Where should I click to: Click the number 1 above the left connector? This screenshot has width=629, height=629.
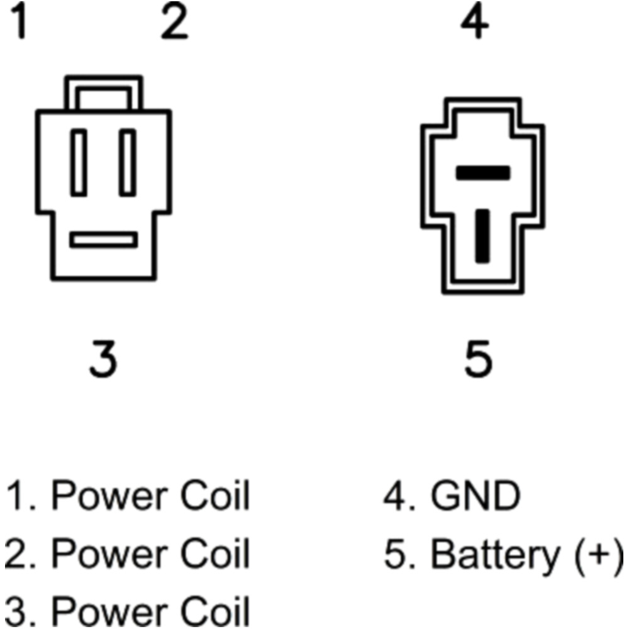click(21, 25)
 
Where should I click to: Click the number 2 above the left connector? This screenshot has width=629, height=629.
click(174, 25)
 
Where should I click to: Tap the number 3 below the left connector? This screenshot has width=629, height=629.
click(103, 359)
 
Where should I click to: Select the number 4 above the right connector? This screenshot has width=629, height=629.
click(475, 25)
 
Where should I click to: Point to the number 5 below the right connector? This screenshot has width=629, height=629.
click(478, 359)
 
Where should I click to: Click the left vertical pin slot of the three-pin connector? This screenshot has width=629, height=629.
click(79, 162)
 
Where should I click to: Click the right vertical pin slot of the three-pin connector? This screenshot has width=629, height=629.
click(128, 162)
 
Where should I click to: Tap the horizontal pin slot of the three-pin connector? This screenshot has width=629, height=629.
click(103, 240)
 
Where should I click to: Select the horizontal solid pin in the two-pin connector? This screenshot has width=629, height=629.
click(482, 172)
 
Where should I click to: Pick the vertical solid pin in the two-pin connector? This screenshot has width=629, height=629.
click(482, 235)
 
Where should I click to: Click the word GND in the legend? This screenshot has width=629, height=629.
click(476, 497)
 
